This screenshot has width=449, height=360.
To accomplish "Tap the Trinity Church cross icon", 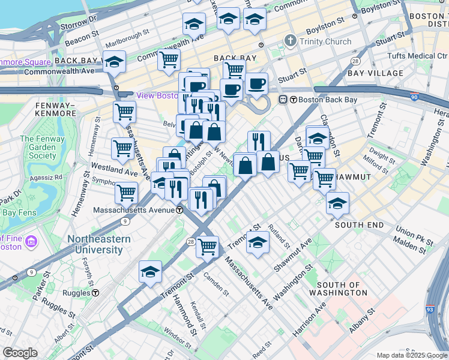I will click(x=291, y=41).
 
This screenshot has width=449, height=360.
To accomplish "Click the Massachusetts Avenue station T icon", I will click(x=179, y=210).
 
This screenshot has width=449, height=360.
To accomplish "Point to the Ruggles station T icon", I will click(x=95, y=293).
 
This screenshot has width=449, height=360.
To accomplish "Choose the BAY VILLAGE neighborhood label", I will click(x=375, y=73).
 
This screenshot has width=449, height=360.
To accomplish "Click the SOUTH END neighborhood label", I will click(x=359, y=224).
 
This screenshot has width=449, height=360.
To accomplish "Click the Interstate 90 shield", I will click(x=414, y=96).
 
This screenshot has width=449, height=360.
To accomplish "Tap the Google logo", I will click(x=20, y=353).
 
